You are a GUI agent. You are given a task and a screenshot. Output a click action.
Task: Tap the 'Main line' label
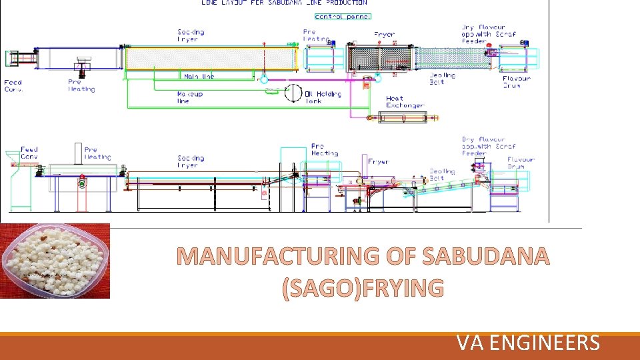click(x=199, y=76)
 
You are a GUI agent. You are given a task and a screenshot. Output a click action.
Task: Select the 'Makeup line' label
click(x=190, y=97)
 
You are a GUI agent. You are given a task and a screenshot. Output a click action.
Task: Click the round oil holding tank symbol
click(x=293, y=93)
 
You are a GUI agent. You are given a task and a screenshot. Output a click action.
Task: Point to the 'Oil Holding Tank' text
click(x=323, y=97)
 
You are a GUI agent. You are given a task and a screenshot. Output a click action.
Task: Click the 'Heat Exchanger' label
click(x=405, y=102)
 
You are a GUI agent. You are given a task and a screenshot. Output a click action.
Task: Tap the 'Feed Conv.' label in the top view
click(x=13, y=86)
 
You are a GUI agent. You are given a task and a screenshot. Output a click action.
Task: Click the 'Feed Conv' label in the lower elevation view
click(x=29, y=153)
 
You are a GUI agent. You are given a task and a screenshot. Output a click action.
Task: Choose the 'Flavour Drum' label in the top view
click(x=516, y=82)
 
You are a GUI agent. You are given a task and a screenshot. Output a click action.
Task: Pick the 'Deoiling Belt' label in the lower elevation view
click(x=442, y=175)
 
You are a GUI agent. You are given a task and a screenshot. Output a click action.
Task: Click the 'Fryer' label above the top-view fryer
click(x=384, y=34)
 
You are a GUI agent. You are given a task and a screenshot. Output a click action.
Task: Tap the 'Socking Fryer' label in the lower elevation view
click(x=191, y=161)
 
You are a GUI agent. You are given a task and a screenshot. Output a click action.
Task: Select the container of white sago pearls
click(x=55, y=261)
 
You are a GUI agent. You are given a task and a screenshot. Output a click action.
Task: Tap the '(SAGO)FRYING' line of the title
click(x=363, y=287)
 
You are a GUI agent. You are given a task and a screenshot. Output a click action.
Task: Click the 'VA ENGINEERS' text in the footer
click(x=528, y=343)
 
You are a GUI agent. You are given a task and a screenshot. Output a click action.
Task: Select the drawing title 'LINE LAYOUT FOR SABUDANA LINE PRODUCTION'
click(x=284, y=3)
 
